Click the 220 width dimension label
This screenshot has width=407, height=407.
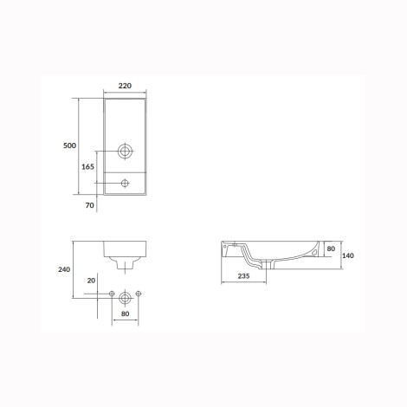point(125,86)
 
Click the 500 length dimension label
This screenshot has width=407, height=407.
point(69,145)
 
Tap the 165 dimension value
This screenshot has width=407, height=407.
point(87,166)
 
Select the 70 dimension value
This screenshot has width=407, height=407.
point(90,205)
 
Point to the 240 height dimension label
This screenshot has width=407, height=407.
point(64,269)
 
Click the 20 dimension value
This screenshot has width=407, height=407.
point(91,281)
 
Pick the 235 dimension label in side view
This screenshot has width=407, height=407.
point(243,276)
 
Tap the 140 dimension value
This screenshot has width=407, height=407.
point(348,255)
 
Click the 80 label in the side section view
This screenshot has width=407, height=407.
point(331,249)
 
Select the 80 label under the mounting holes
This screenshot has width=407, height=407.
point(125,313)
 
